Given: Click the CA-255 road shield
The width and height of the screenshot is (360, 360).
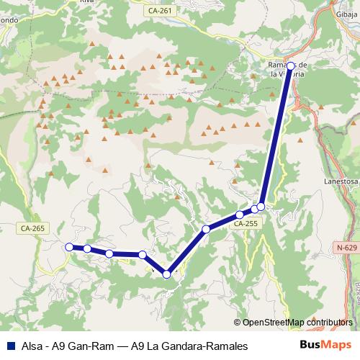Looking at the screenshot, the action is [x=246, y=225].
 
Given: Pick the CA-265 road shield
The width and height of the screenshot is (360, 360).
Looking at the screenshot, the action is [x=32, y=228].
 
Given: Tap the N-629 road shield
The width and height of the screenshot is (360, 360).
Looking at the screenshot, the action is [x=346, y=248].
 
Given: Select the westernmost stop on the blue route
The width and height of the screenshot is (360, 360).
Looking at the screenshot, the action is [x=69, y=247].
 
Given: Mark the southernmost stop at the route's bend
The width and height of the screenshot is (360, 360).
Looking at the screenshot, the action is [x=167, y=274].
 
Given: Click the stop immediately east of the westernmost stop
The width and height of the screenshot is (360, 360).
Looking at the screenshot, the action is [x=87, y=248].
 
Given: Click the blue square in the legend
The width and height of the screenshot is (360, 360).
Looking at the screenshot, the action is [x=9, y=346].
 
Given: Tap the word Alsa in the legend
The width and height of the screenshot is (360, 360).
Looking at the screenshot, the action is [x=31, y=346].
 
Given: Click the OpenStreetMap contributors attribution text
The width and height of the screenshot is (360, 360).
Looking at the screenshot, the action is [x=297, y=323].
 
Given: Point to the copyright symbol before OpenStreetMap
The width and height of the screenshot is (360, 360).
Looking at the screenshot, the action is [x=238, y=323].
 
